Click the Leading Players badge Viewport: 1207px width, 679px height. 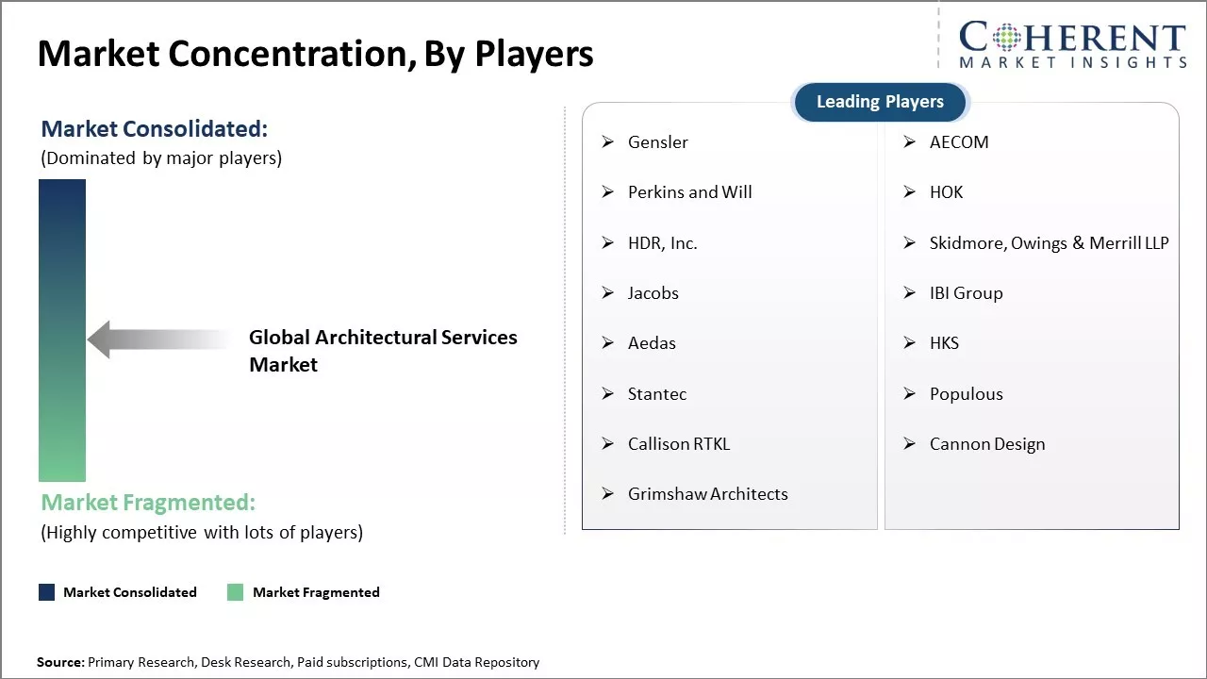880,102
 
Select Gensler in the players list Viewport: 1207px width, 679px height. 657,142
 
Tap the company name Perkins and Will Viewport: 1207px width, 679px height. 689,192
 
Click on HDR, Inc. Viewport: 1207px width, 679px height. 662,243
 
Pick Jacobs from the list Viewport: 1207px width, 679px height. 653,293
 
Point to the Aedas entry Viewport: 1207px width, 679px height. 652,343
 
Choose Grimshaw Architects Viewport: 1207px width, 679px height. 707,494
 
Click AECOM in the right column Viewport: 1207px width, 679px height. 958,142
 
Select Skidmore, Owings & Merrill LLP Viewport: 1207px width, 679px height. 1049,243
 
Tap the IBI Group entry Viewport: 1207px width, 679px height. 966,293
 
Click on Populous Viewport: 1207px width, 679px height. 966,394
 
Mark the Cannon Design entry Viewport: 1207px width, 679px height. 986,444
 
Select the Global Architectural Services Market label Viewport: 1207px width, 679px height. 383,351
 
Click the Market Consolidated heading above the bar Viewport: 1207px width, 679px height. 154,129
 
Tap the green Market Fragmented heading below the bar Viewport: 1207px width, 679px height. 148,502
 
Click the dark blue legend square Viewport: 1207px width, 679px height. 46,592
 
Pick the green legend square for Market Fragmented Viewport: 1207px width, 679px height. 236,592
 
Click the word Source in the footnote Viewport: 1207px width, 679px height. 60,662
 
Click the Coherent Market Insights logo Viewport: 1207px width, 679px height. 1072,45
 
